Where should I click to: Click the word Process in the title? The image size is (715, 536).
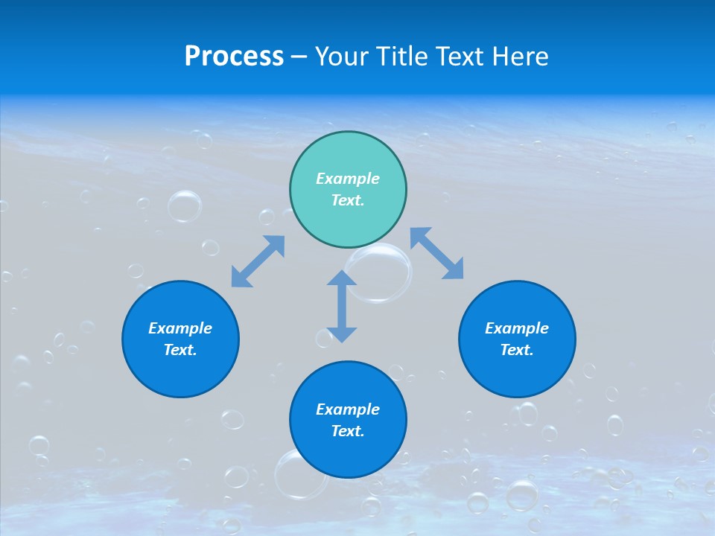click(x=234, y=57)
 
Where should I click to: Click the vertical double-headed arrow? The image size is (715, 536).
click(x=342, y=306)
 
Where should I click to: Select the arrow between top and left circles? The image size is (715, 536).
click(x=258, y=261)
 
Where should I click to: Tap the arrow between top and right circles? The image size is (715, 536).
click(x=436, y=253)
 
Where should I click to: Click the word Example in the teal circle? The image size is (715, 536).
click(x=348, y=179)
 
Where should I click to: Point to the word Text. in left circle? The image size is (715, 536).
click(x=180, y=350)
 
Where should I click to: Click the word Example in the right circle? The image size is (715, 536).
click(x=517, y=328)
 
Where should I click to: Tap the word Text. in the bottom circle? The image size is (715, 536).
click(x=348, y=431)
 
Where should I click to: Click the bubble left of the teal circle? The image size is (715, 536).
click(x=185, y=206)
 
